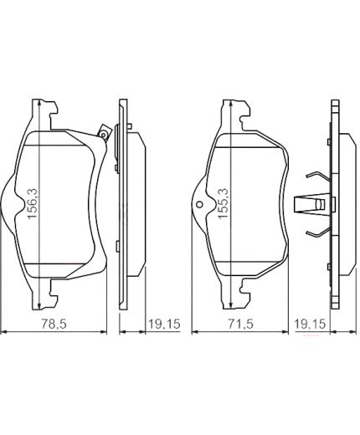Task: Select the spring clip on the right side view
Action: tap(316, 203)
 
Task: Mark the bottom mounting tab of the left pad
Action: tap(42, 292)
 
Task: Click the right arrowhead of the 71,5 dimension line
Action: tap(285, 332)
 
